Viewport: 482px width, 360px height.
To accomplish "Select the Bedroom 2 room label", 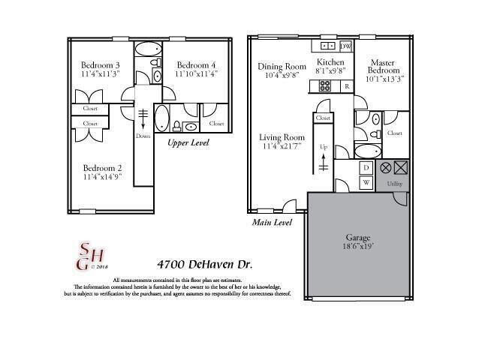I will click(x=102, y=167).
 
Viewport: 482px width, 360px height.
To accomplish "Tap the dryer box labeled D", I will click(x=366, y=168).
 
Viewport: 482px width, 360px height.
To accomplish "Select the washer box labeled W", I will click(x=366, y=181).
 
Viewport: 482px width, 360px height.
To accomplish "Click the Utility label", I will click(x=395, y=183).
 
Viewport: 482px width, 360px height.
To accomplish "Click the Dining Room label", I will click(x=282, y=65).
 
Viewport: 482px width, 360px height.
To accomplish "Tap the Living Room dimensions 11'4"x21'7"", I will click(x=282, y=147).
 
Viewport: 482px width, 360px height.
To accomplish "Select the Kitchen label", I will click(x=330, y=62).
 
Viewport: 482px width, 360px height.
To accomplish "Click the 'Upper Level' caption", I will click(x=188, y=142).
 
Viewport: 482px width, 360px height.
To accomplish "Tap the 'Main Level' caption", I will click(x=270, y=223).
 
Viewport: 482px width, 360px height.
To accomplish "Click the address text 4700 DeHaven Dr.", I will click(x=204, y=265).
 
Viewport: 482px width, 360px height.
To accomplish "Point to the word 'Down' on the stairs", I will click(x=143, y=136).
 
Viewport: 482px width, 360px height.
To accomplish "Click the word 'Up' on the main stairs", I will click(x=324, y=146).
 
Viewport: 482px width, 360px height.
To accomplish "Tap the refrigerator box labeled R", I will click(x=346, y=86).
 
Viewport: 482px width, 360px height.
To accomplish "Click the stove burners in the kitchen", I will click(x=324, y=86).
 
